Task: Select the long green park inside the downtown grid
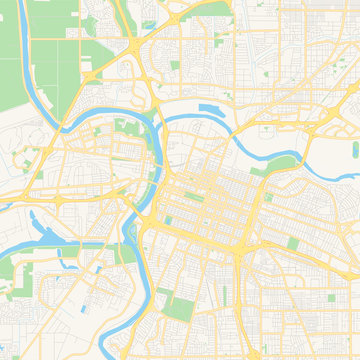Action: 194,195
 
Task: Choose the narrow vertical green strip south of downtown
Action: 223,294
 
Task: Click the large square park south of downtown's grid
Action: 166,298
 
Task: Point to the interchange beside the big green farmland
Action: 92,75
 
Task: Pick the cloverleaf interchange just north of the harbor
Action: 58,198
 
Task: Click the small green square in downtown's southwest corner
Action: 167,220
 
